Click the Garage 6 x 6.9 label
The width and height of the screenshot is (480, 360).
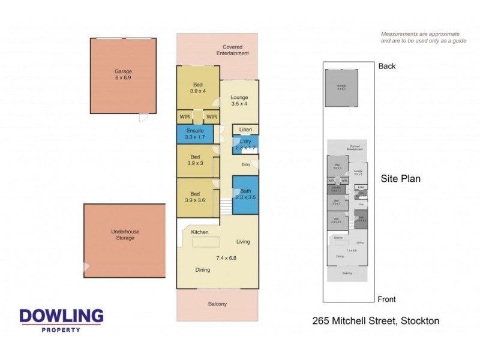coord(123,74)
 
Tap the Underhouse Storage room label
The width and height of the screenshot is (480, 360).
coord(123,234)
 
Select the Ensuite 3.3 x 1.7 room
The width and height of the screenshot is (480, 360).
coord(195,134)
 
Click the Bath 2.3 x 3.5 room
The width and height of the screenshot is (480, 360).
coord(245,194)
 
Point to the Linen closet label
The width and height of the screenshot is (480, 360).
coord(245,130)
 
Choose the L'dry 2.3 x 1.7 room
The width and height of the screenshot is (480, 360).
coord(245,144)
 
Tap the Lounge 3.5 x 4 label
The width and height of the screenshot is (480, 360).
coord(239,101)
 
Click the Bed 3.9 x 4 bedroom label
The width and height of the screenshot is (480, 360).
coord(198,88)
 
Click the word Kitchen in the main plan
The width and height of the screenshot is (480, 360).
coord(200,232)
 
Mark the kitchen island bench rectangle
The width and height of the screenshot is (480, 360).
coord(206,242)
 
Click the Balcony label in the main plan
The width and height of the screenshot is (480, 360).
coord(217,304)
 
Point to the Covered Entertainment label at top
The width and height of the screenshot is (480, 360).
coord(235,50)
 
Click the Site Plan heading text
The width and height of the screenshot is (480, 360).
coord(401,178)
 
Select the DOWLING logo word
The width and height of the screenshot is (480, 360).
coord(61,316)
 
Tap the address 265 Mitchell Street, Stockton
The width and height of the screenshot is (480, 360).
coord(376,321)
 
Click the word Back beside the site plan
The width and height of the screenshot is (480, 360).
coord(387,66)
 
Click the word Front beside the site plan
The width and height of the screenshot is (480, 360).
coord(387,299)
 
